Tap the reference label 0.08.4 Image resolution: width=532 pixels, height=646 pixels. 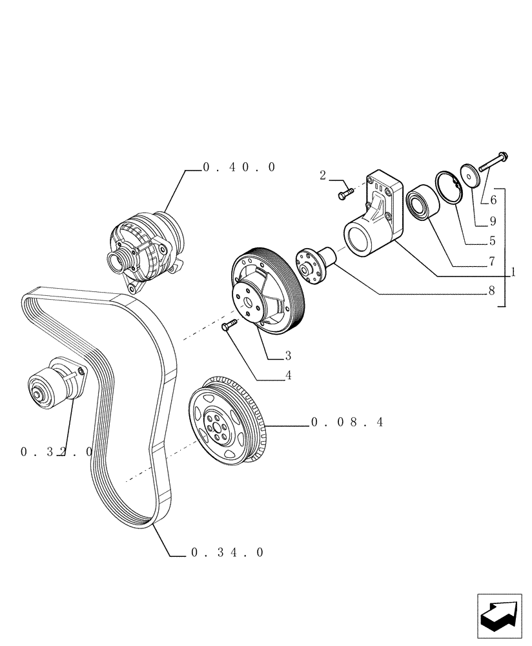(x=347, y=422)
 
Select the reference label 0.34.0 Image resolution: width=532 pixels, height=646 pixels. (x=228, y=552)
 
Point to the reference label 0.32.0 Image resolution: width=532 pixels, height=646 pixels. (x=56, y=452)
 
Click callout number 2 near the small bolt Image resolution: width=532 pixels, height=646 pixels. (x=322, y=175)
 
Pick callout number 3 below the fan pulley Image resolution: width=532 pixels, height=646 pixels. (x=287, y=355)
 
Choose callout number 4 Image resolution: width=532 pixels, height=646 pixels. (x=288, y=376)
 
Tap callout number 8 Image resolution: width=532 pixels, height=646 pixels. (x=491, y=291)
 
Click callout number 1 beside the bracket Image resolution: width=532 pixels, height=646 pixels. (x=513, y=272)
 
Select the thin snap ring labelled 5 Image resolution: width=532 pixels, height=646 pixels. (x=449, y=187)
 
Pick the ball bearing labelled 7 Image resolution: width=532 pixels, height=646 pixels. (x=423, y=202)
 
